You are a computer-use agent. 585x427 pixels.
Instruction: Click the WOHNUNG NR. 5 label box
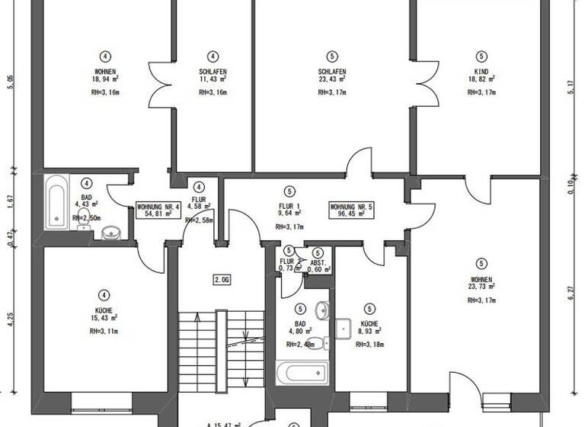click(x=351, y=211)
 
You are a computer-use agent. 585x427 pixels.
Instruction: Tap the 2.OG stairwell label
click(x=222, y=280)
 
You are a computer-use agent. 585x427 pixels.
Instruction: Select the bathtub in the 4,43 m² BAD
click(x=57, y=202)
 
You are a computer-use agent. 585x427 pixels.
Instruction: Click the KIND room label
click(x=481, y=71)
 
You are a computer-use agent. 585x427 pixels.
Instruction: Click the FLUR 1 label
click(x=288, y=206)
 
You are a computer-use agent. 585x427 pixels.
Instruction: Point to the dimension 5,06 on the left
click(x=11, y=82)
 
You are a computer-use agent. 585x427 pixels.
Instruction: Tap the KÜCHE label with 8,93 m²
click(x=369, y=323)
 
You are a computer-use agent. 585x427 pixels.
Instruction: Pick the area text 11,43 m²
click(x=213, y=79)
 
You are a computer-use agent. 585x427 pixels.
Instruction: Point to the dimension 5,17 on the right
click(x=571, y=87)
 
